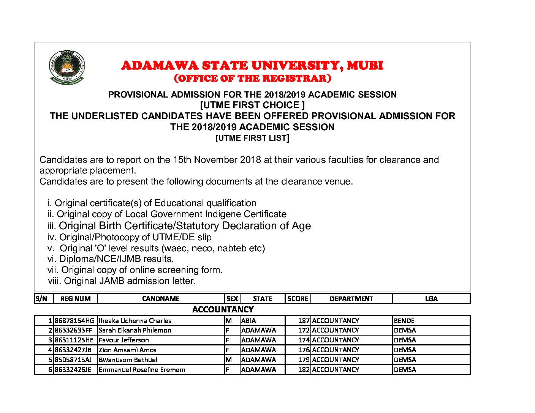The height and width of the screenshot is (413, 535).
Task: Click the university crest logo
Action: point(67,67)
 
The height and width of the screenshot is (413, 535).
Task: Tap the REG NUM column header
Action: point(75,299)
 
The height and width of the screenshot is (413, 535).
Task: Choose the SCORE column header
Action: point(298,299)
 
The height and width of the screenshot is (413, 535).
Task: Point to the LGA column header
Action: point(431,299)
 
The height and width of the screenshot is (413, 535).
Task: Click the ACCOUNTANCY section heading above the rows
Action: point(223,309)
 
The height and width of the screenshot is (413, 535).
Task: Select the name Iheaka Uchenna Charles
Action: point(135,321)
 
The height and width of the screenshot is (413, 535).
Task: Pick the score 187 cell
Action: point(304,321)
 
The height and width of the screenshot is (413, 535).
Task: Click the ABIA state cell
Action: point(249,321)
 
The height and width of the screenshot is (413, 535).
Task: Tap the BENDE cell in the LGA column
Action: point(404,321)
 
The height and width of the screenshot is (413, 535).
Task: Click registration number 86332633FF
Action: point(73,330)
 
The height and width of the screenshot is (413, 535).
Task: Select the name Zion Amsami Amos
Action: point(127,350)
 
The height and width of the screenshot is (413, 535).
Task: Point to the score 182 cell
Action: point(304,370)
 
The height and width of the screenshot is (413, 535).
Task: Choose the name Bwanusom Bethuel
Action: point(128,360)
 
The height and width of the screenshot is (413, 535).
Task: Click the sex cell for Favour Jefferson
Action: point(228,340)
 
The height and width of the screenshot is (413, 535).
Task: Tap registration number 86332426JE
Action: point(73,370)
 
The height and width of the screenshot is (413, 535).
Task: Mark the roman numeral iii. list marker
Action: point(52,226)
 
